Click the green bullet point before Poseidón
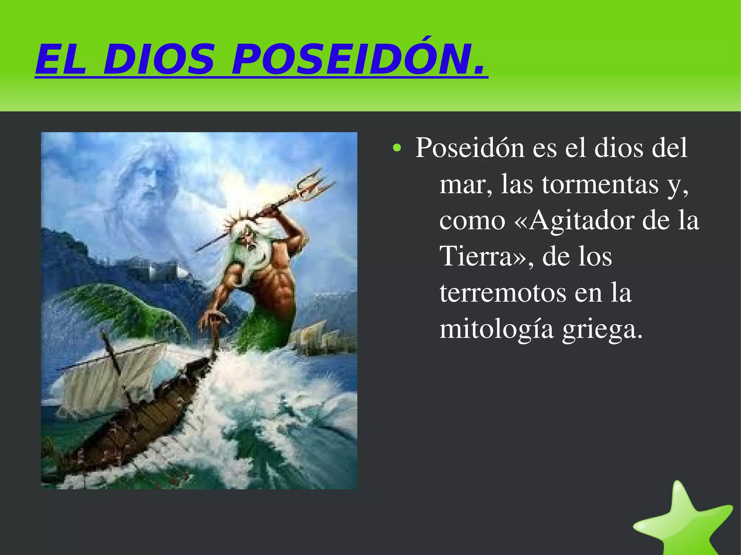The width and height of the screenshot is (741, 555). (397, 148)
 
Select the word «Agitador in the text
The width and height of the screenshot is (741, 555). (573, 221)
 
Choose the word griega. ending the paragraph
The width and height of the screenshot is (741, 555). (602, 329)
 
